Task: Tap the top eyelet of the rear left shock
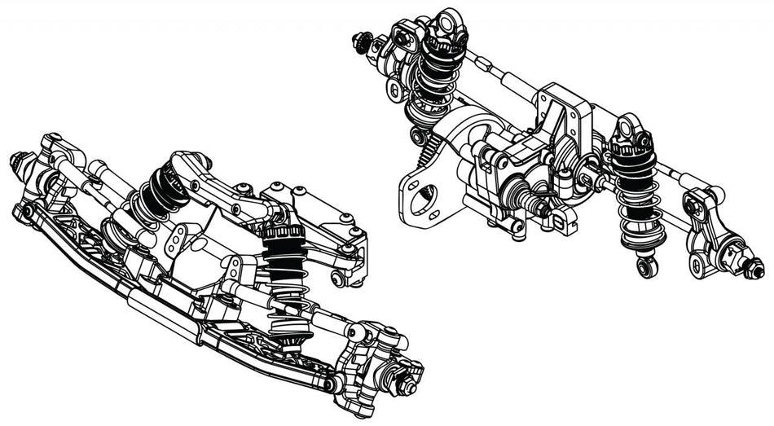[x=447, y=23]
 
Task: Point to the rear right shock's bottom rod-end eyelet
[x=646, y=265]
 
